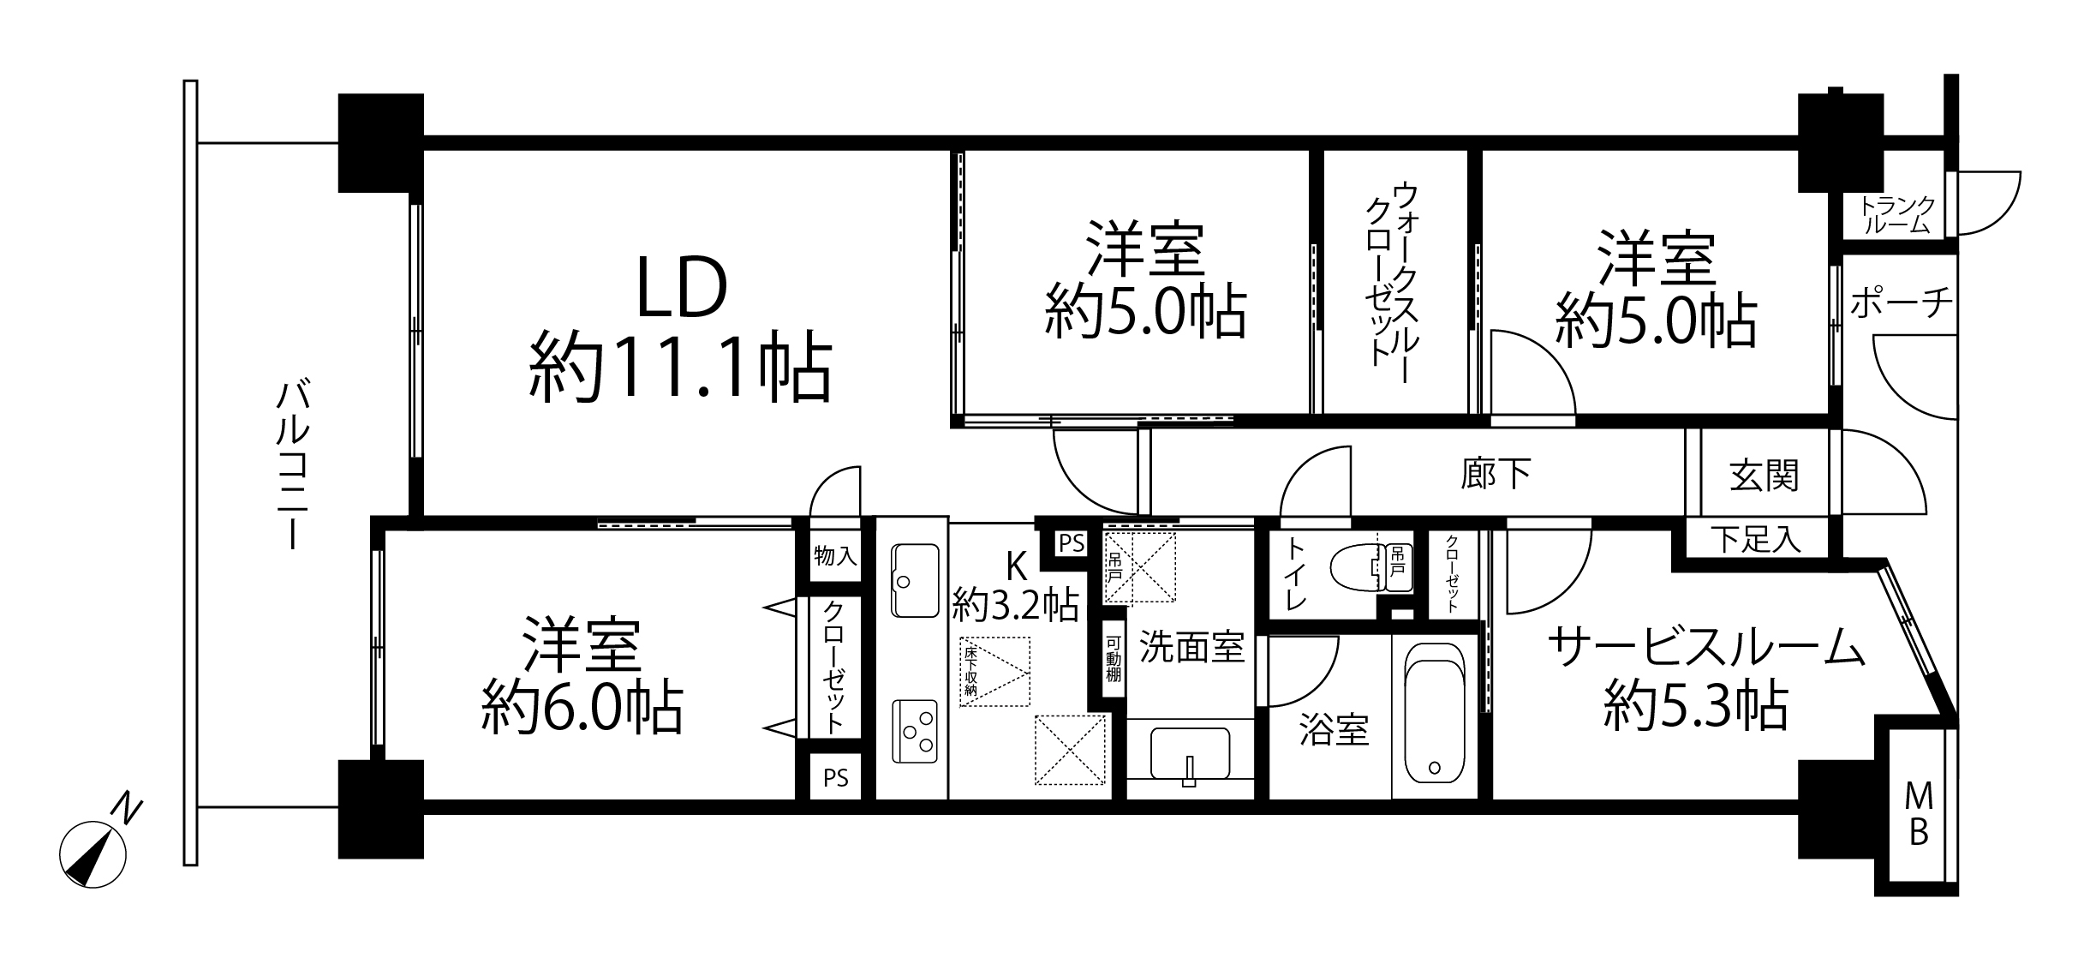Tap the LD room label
(682, 289)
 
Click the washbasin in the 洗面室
(1190, 755)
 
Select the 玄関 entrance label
(1764, 476)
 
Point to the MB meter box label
(1919, 815)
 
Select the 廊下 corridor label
(1496, 472)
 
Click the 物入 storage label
(835, 556)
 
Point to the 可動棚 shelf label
(1113, 658)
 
